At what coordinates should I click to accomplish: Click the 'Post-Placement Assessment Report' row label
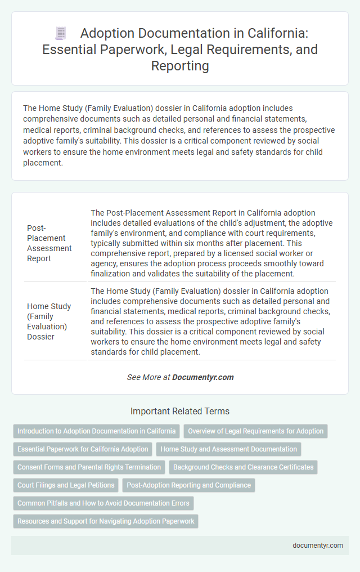[x=49, y=243]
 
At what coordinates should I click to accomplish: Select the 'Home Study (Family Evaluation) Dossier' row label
[x=49, y=321]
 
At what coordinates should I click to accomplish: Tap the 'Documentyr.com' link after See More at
[x=203, y=377]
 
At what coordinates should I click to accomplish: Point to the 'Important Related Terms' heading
[x=180, y=411]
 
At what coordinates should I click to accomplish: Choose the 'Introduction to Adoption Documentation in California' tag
[x=97, y=431]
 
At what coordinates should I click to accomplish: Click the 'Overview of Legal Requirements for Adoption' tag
[x=255, y=431]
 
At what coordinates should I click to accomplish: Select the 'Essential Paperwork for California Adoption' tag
[x=83, y=449]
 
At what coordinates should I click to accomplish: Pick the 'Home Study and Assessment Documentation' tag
[x=228, y=449]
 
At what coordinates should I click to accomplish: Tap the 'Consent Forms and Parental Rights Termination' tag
[x=89, y=467]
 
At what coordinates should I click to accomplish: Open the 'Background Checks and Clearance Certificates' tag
[x=243, y=467]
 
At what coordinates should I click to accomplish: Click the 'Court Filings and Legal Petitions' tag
[x=66, y=485]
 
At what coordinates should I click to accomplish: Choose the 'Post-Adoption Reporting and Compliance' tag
[x=188, y=485]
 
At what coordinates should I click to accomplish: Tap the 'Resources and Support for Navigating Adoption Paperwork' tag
[x=106, y=521]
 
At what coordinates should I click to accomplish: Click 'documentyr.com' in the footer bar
[x=317, y=545]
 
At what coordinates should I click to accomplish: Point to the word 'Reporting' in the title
[x=180, y=66]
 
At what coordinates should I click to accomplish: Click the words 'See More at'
[x=148, y=377]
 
